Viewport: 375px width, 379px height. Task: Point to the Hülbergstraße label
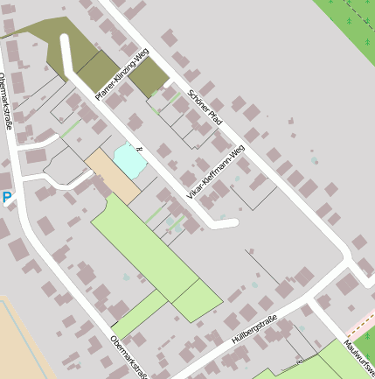pyautogui.click(x=253, y=328)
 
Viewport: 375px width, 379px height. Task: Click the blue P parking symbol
pyautogui.click(x=7, y=199)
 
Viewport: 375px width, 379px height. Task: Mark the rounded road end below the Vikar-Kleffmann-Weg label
pyautogui.click(x=232, y=223)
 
